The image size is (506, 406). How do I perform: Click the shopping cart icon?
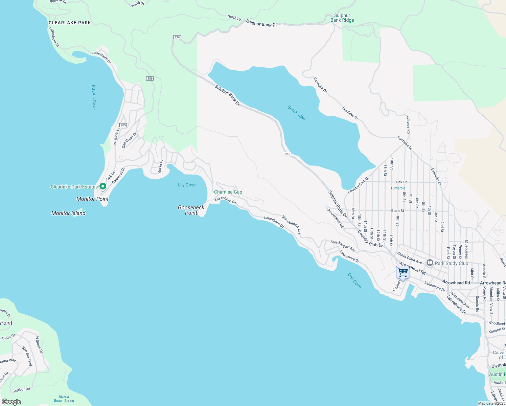402,272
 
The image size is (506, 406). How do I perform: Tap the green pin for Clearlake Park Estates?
103,186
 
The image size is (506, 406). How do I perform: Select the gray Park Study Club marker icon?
430,263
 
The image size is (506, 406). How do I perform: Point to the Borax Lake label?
297,113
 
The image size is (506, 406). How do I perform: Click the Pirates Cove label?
94,97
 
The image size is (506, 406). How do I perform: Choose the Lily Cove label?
187,185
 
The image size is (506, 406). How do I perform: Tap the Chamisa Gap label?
228,192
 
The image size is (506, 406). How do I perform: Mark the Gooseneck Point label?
191,210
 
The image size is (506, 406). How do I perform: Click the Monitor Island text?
68,213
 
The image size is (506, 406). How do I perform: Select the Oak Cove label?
354,281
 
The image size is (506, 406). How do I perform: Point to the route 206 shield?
150,78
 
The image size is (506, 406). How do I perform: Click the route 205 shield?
123,125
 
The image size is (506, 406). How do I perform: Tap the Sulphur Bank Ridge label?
342,18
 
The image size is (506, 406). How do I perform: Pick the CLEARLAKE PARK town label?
70,23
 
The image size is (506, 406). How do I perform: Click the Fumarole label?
398,188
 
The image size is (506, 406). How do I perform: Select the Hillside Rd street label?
408,125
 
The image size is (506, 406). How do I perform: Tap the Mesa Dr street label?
161,166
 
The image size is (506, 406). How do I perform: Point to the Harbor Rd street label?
22,390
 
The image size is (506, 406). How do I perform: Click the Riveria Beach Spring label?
64,399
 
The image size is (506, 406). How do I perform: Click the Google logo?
11,402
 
